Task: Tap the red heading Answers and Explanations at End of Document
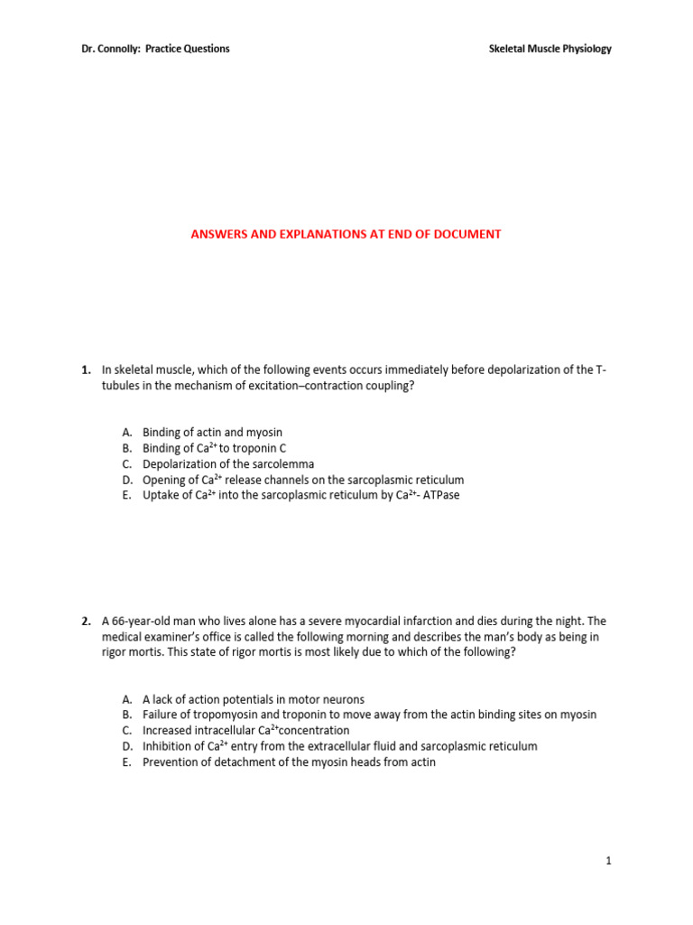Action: click(x=346, y=234)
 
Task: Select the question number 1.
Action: click(x=86, y=370)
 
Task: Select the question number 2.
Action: click(x=86, y=621)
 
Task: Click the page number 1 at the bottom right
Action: click(x=609, y=861)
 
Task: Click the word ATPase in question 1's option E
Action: click(x=439, y=496)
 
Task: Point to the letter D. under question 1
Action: click(x=126, y=481)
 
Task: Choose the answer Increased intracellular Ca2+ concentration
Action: click(x=245, y=730)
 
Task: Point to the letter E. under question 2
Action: click(x=126, y=761)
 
